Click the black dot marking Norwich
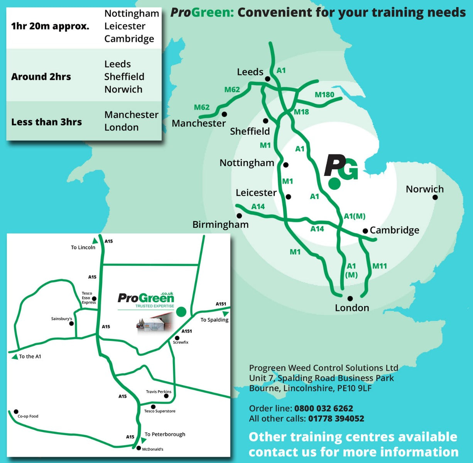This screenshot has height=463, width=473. [435, 197]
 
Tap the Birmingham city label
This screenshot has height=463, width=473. [220, 225]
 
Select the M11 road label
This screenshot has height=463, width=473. [379, 266]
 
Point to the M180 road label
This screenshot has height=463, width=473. [324, 95]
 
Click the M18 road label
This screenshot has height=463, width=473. [301, 112]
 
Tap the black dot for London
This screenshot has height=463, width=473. [350, 298]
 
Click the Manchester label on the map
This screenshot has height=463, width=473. [199, 123]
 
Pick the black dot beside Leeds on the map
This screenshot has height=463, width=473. [267, 79]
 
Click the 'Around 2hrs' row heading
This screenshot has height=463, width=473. [41, 76]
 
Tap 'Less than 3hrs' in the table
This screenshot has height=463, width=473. [46, 122]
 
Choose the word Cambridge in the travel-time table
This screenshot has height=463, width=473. [129, 39]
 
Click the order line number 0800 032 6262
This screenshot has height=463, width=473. [323, 408]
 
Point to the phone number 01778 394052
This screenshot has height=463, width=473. [336, 419]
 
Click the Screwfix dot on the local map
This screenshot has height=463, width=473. [177, 338]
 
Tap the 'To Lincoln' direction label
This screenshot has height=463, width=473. [83, 247]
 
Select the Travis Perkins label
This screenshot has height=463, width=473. [158, 392]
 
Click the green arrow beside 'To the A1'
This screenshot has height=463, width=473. [15, 357]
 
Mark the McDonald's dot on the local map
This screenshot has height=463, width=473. [139, 448]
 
